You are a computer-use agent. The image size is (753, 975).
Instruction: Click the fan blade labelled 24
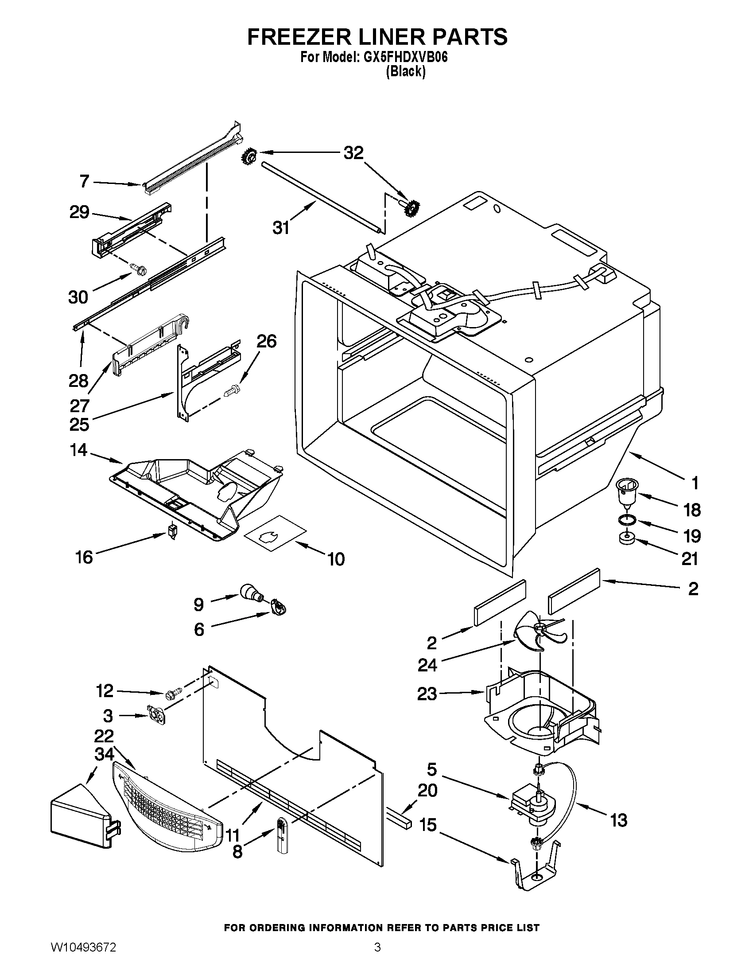(x=539, y=632)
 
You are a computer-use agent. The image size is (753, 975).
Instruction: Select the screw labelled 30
(x=134, y=268)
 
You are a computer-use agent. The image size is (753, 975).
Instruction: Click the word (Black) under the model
(x=405, y=71)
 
